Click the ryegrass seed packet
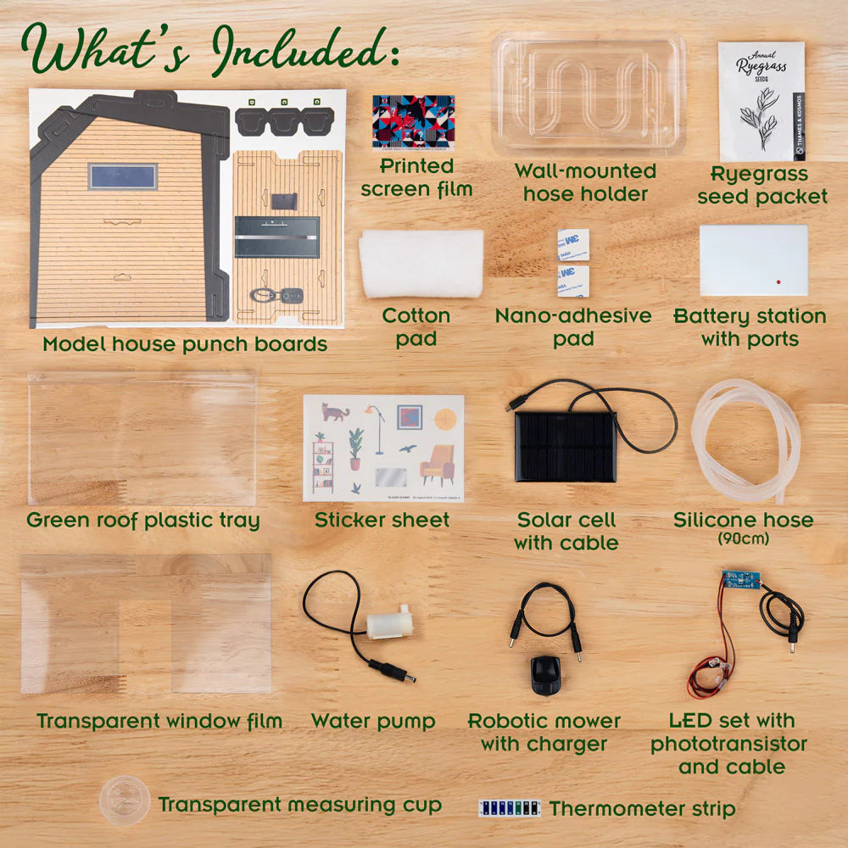point(761,101)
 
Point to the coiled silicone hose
point(745,441)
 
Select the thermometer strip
point(509,808)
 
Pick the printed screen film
point(413,122)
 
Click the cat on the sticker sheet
point(335,413)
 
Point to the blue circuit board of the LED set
point(739,582)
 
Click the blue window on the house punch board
point(123,176)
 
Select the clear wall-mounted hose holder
point(589,93)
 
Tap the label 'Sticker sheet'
point(382,520)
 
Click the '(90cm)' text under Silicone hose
point(743,539)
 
